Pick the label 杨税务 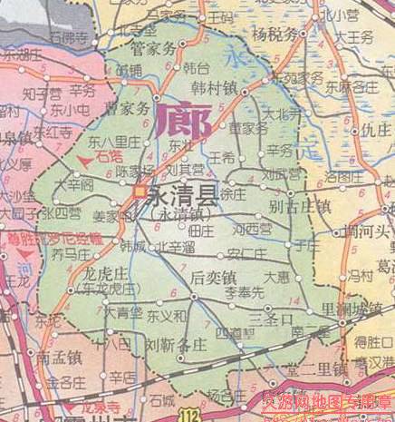275,35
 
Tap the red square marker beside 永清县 140,191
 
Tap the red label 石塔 106,157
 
